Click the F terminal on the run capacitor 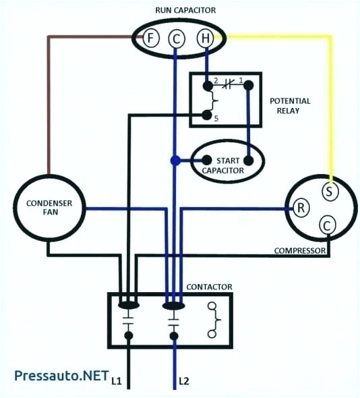point(149,38)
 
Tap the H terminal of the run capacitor point(204,38)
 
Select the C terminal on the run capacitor point(177,39)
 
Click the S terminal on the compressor point(329,191)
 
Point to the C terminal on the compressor point(326,225)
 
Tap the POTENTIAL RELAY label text point(290,107)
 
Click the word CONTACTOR point(209,287)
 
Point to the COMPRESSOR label point(300,251)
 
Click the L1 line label point(116,382)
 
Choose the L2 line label point(184,382)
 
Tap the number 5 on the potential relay point(216,119)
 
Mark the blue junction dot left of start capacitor point(175,161)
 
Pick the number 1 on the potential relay point(241,80)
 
